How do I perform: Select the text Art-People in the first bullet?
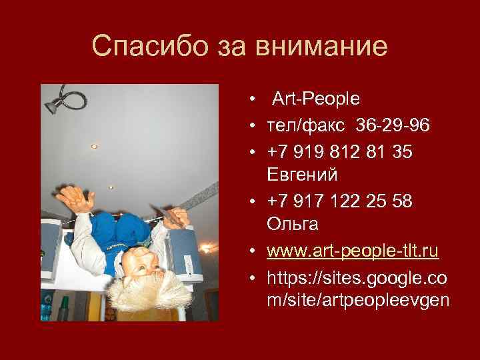(x=315, y=99)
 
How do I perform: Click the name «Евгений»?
(x=302, y=175)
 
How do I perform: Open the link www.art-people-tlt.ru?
(x=353, y=251)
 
